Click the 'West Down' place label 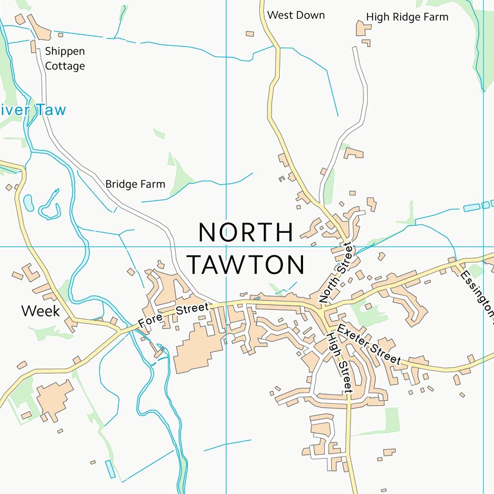[x=296, y=15]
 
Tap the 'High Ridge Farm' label [x=407, y=17]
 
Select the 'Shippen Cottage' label [x=64, y=58]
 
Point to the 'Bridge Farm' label [x=135, y=185]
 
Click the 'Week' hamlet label [x=40, y=311]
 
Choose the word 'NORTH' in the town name [x=246, y=233]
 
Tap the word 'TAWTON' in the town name [x=245, y=265]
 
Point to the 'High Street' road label [x=339, y=363]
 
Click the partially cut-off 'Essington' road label [x=477, y=293]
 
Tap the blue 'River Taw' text [x=32, y=110]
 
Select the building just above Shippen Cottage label [x=33, y=46]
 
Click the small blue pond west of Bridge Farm [x=28, y=203]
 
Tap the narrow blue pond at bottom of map [x=111, y=468]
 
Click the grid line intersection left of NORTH [x=226, y=246]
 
